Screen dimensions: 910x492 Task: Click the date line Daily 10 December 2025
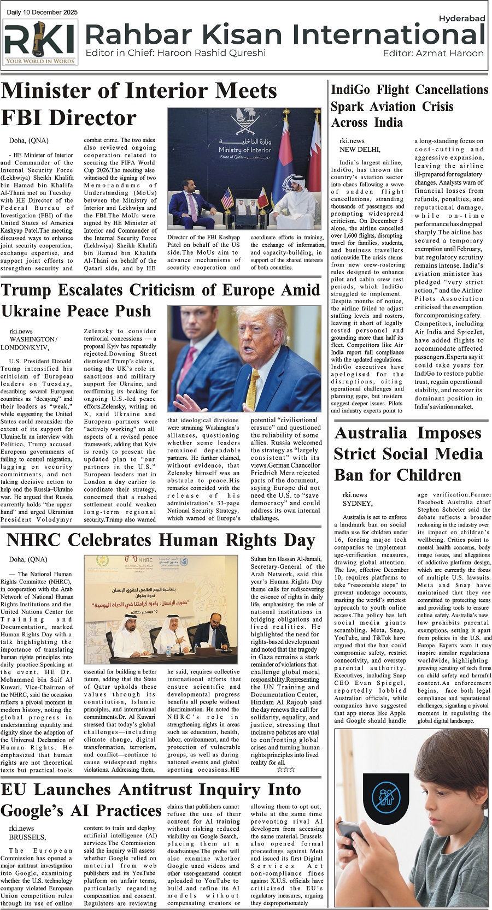click(x=42, y=12)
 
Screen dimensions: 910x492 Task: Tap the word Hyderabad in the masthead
click(x=462, y=19)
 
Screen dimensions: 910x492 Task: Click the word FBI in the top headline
click(x=24, y=117)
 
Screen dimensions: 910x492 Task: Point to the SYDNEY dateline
click(x=358, y=503)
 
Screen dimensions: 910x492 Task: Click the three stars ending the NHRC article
click(x=285, y=770)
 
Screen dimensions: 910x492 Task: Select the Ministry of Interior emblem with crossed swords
click(x=244, y=123)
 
